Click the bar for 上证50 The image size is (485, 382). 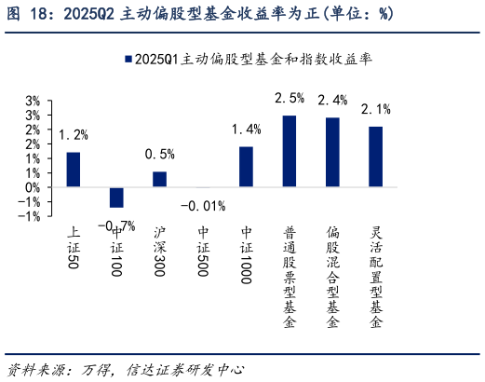click(73, 170)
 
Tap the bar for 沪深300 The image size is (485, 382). click(160, 179)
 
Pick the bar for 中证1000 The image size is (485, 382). click(247, 167)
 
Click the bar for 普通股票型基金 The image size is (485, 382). click(290, 151)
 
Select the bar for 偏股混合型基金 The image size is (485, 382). click(332, 152)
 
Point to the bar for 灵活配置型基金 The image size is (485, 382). click(376, 157)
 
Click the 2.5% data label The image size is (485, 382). click(290, 98)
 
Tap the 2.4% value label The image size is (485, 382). click(332, 100)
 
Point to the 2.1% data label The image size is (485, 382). click(376, 109)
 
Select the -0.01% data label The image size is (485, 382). click(203, 205)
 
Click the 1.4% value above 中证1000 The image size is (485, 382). click(247, 129)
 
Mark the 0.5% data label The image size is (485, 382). click(160, 154)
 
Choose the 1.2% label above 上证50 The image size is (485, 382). click(73, 134)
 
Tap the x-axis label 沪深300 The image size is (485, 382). click(160, 249)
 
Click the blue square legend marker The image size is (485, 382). click(127, 59)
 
